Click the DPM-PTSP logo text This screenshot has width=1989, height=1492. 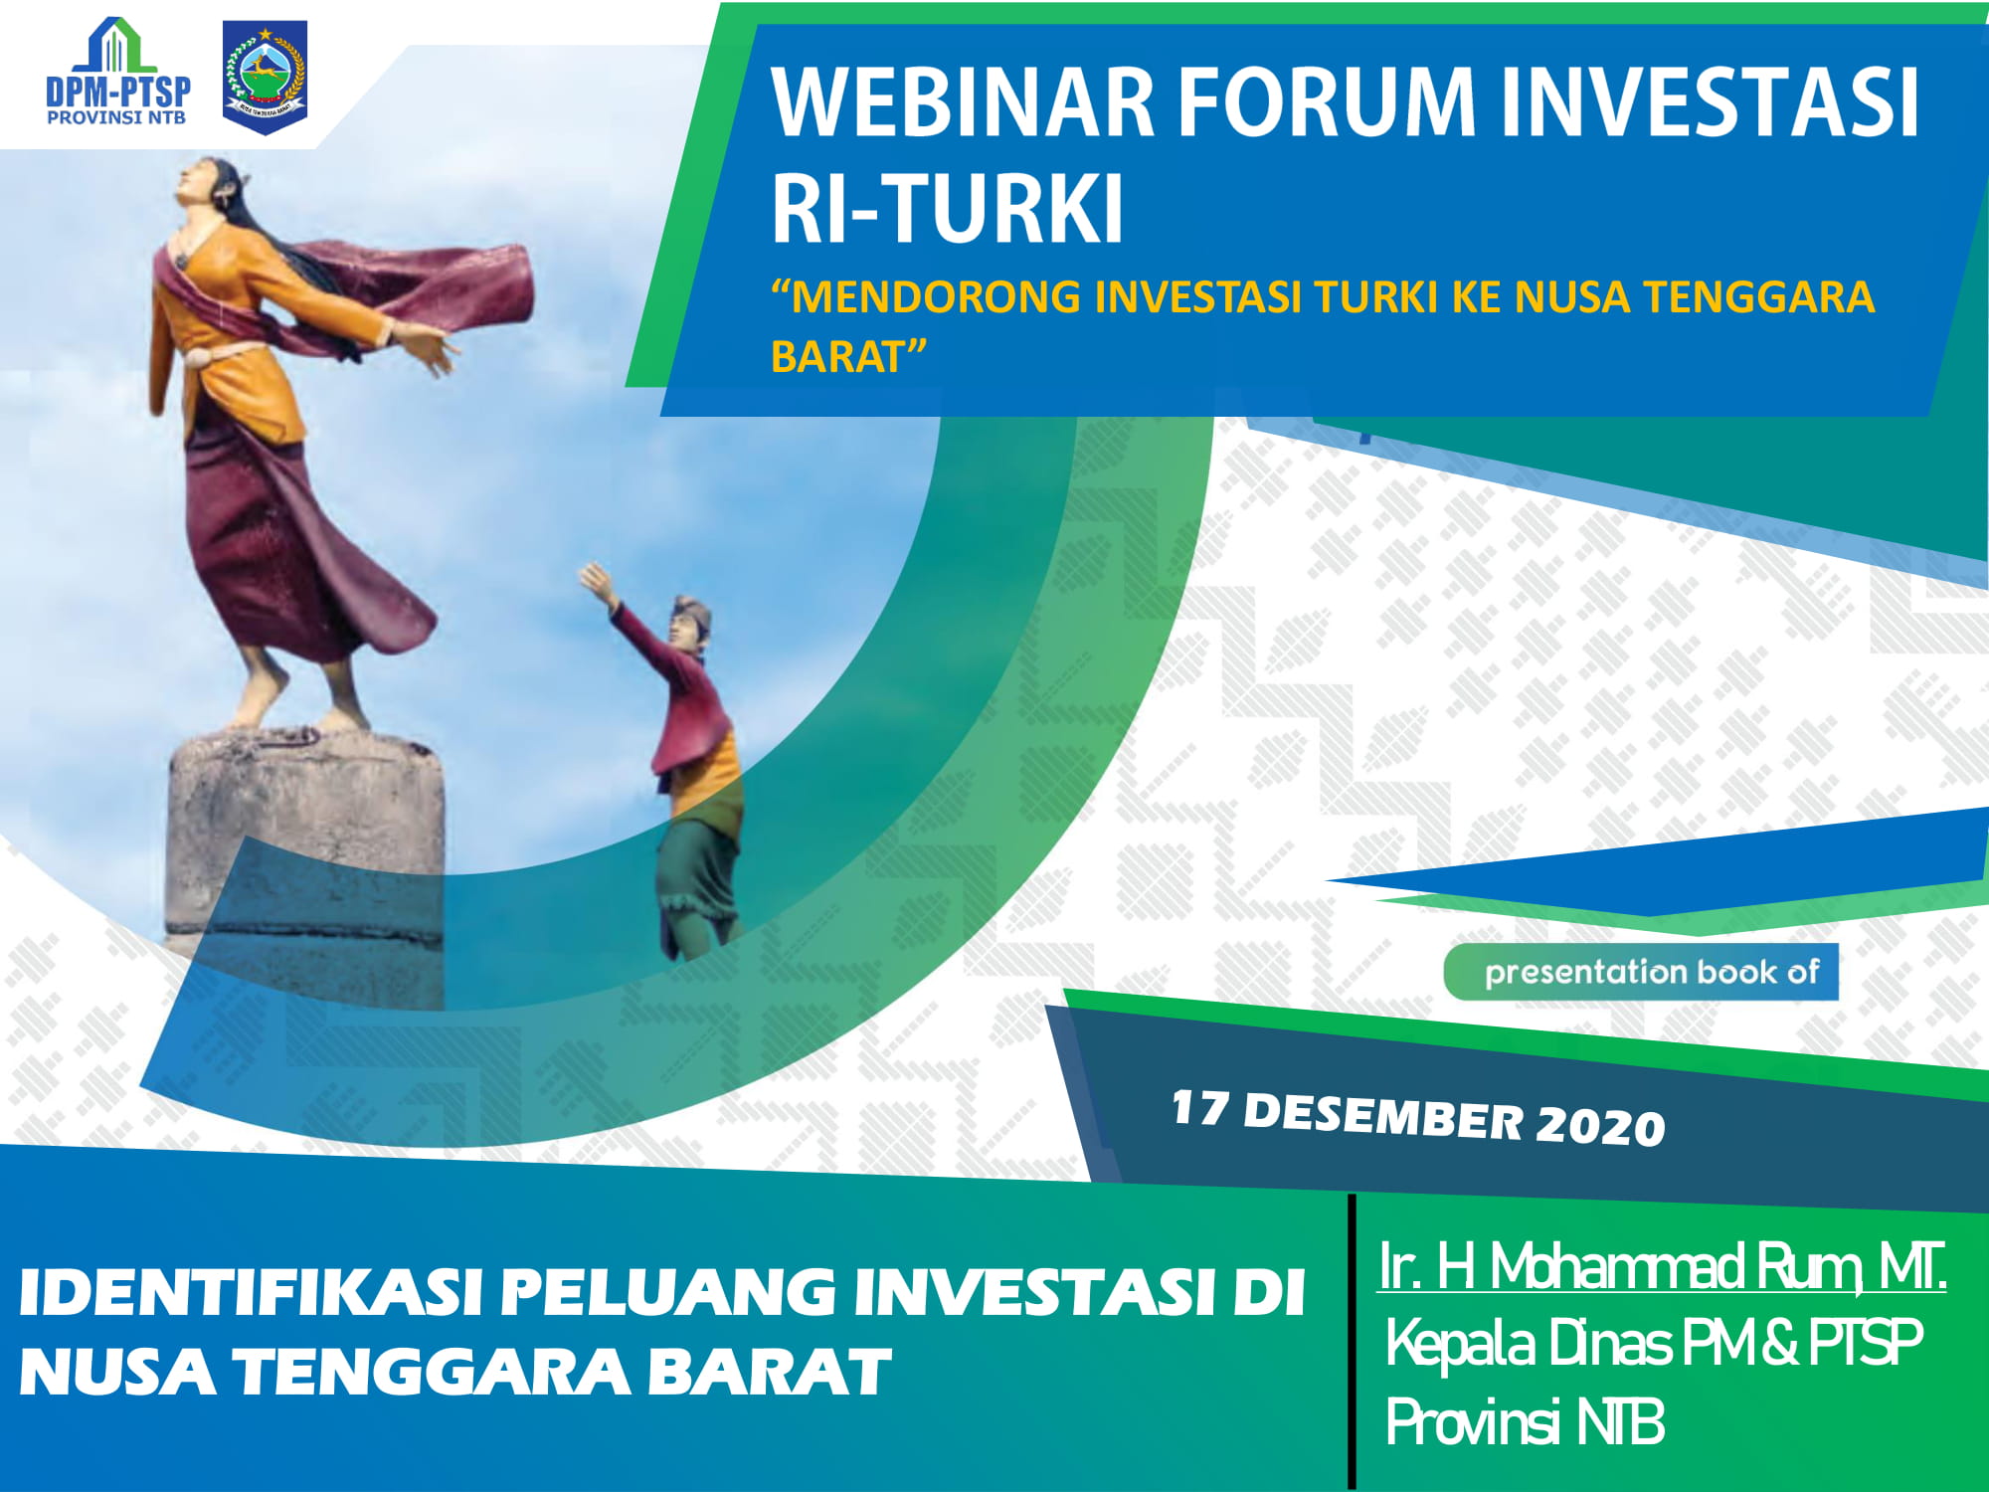[118, 93]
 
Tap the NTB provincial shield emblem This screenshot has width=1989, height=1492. [265, 77]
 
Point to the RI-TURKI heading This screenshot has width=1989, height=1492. [948, 209]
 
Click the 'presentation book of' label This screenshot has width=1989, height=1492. [1652, 972]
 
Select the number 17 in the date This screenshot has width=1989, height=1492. [1199, 1107]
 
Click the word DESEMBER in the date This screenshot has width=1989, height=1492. [1383, 1116]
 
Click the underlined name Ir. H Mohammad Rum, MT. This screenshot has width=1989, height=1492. [1662, 1266]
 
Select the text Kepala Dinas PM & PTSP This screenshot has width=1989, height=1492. [1654, 1344]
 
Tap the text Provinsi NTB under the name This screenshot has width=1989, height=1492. [1525, 1420]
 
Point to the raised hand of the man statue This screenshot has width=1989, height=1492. [598, 581]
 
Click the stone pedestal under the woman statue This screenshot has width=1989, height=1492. [305, 865]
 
